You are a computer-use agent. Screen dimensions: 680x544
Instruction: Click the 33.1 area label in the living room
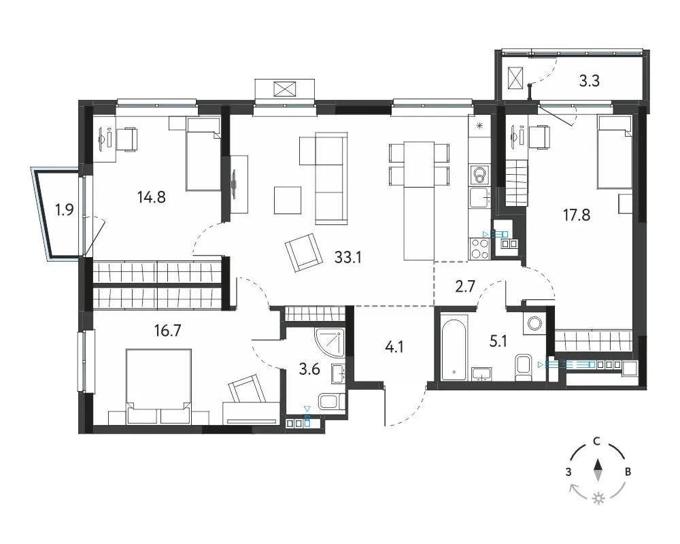(347, 257)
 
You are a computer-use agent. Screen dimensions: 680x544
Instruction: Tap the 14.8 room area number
(152, 197)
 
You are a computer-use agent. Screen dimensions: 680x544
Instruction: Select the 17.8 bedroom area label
(577, 215)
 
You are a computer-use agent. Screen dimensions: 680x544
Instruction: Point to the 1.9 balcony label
(64, 210)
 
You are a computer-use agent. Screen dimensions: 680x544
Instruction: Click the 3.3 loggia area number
(590, 81)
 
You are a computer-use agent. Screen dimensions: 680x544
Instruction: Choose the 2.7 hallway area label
(465, 287)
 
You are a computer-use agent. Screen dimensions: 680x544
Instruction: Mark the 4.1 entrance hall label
(394, 347)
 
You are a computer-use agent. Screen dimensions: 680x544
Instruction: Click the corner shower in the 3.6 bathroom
(330, 342)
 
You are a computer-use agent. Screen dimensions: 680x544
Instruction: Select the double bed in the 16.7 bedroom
(158, 386)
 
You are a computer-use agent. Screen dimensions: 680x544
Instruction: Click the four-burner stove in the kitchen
(479, 249)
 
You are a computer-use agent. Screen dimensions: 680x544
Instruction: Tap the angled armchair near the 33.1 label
(304, 252)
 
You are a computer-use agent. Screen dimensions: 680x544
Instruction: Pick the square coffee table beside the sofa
(288, 200)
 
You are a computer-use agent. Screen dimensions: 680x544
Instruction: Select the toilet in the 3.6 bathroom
(332, 401)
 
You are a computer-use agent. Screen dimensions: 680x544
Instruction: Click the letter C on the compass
(597, 441)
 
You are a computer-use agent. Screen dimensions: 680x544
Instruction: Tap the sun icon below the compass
(599, 499)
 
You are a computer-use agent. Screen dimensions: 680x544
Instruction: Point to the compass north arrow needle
(598, 471)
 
